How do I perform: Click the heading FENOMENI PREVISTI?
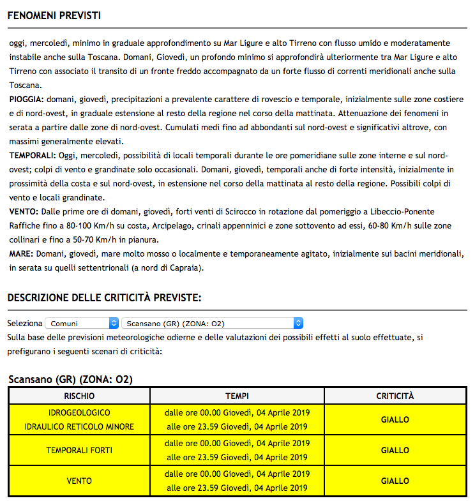click(x=54, y=15)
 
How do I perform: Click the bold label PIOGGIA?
click(x=27, y=100)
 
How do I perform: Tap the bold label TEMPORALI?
click(x=33, y=155)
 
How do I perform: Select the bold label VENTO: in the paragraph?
click(x=24, y=211)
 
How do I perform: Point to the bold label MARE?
click(x=21, y=253)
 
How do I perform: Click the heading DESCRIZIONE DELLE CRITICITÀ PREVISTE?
click(x=104, y=298)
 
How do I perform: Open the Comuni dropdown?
click(x=82, y=324)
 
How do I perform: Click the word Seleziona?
click(x=25, y=324)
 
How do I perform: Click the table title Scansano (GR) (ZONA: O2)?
click(x=70, y=380)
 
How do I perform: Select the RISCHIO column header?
click(x=80, y=396)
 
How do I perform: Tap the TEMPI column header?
click(x=237, y=396)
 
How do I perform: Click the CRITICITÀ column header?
click(x=395, y=396)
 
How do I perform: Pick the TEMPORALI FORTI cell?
click(x=80, y=451)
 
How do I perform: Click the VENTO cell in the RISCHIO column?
click(x=80, y=481)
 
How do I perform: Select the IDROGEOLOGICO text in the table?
click(x=80, y=412)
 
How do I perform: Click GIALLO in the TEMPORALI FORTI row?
click(x=395, y=451)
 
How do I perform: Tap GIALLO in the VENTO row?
click(x=395, y=481)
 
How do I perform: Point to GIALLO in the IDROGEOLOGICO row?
click(x=395, y=420)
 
